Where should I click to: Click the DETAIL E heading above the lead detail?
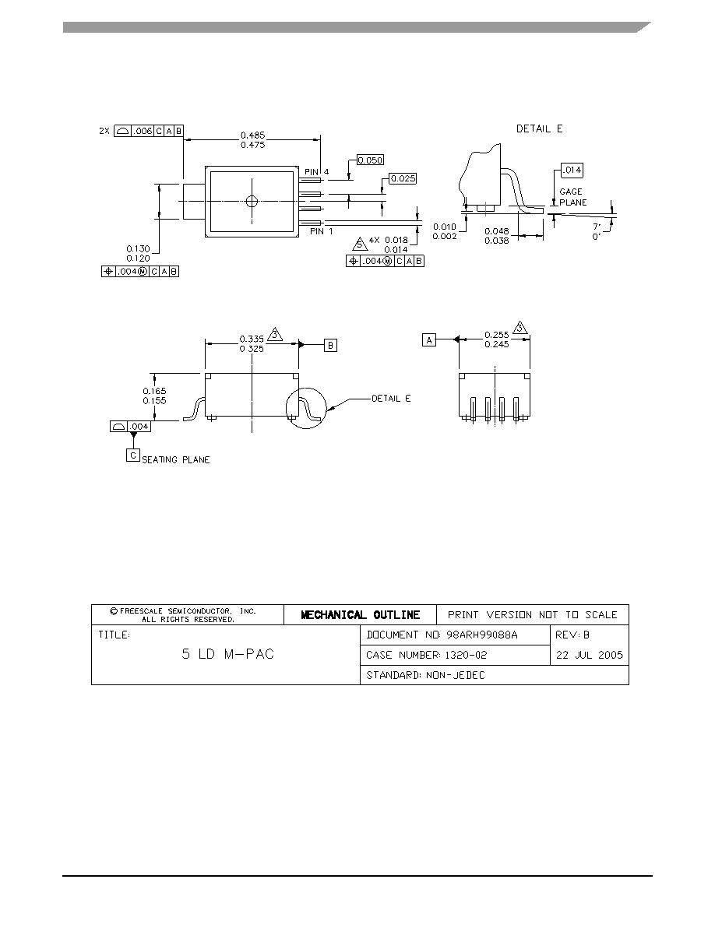tap(539, 128)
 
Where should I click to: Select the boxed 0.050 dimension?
tap(371, 160)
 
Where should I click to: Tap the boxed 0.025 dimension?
tap(403, 178)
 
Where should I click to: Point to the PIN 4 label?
tap(317, 172)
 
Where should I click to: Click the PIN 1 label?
tap(322, 231)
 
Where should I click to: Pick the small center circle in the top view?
tap(252, 201)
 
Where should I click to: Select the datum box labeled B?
tap(331, 345)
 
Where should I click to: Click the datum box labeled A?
tap(429, 339)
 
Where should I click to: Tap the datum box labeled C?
tap(133, 455)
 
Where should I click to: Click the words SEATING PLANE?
tap(176, 459)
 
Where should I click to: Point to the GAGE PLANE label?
tap(572, 197)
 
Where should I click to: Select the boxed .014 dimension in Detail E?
tap(572, 170)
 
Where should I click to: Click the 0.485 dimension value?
tap(252, 135)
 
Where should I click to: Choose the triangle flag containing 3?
tap(275, 334)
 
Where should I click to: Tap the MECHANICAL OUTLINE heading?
tap(361, 614)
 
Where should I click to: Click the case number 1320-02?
tap(466, 655)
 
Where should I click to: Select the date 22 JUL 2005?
tap(590, 655)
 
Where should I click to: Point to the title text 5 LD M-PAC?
tap(227, 653)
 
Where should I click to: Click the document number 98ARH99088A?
tap(482, 635)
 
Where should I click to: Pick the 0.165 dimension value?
tap(154, 391)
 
